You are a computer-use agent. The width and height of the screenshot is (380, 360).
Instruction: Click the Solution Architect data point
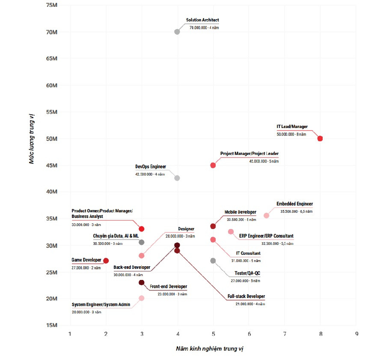(177, 32)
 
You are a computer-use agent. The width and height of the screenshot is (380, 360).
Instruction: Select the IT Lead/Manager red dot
(320, 139)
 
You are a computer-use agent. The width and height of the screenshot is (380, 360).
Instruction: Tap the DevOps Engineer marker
(177, 178)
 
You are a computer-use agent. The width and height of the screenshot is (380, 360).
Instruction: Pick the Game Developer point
(106, 261)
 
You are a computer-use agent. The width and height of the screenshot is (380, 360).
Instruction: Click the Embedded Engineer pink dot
(266, 216)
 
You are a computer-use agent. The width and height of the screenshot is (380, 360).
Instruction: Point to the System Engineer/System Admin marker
(142, 298)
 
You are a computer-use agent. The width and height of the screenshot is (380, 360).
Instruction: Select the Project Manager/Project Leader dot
(213, 165)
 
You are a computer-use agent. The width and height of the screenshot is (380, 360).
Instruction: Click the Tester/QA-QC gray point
(213, 261)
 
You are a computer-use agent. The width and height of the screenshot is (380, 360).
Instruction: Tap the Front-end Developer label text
(168, 287)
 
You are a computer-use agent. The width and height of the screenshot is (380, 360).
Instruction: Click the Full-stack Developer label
(246, 297)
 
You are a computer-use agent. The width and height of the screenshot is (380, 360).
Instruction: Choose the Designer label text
(186, 229)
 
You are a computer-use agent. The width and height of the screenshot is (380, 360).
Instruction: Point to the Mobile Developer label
(240, 212)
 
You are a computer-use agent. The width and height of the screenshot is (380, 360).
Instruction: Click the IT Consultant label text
(248, 253)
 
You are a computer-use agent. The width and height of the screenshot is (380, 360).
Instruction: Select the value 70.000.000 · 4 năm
(204, 27)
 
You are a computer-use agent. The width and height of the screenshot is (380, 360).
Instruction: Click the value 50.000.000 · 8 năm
(291, 134)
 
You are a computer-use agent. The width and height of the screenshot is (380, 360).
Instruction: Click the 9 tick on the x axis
(356, 333)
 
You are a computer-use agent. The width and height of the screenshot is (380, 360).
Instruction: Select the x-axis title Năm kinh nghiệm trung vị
(210, 349)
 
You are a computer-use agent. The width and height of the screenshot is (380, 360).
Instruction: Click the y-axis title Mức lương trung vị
(31, 138)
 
